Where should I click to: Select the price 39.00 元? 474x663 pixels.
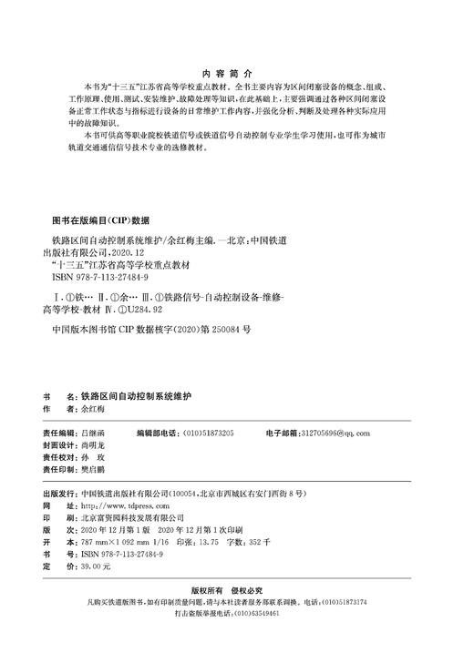coord(95,566)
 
